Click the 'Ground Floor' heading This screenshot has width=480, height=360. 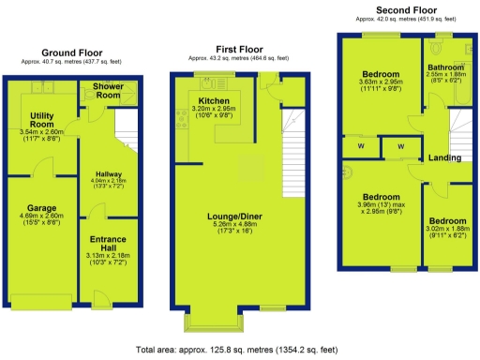[x=70, y=52]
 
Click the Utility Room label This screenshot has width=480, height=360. [x=37, y=120]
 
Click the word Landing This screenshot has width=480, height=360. [x=444, y=157]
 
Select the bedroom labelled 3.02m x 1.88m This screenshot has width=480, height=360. [x=446, y=221]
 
